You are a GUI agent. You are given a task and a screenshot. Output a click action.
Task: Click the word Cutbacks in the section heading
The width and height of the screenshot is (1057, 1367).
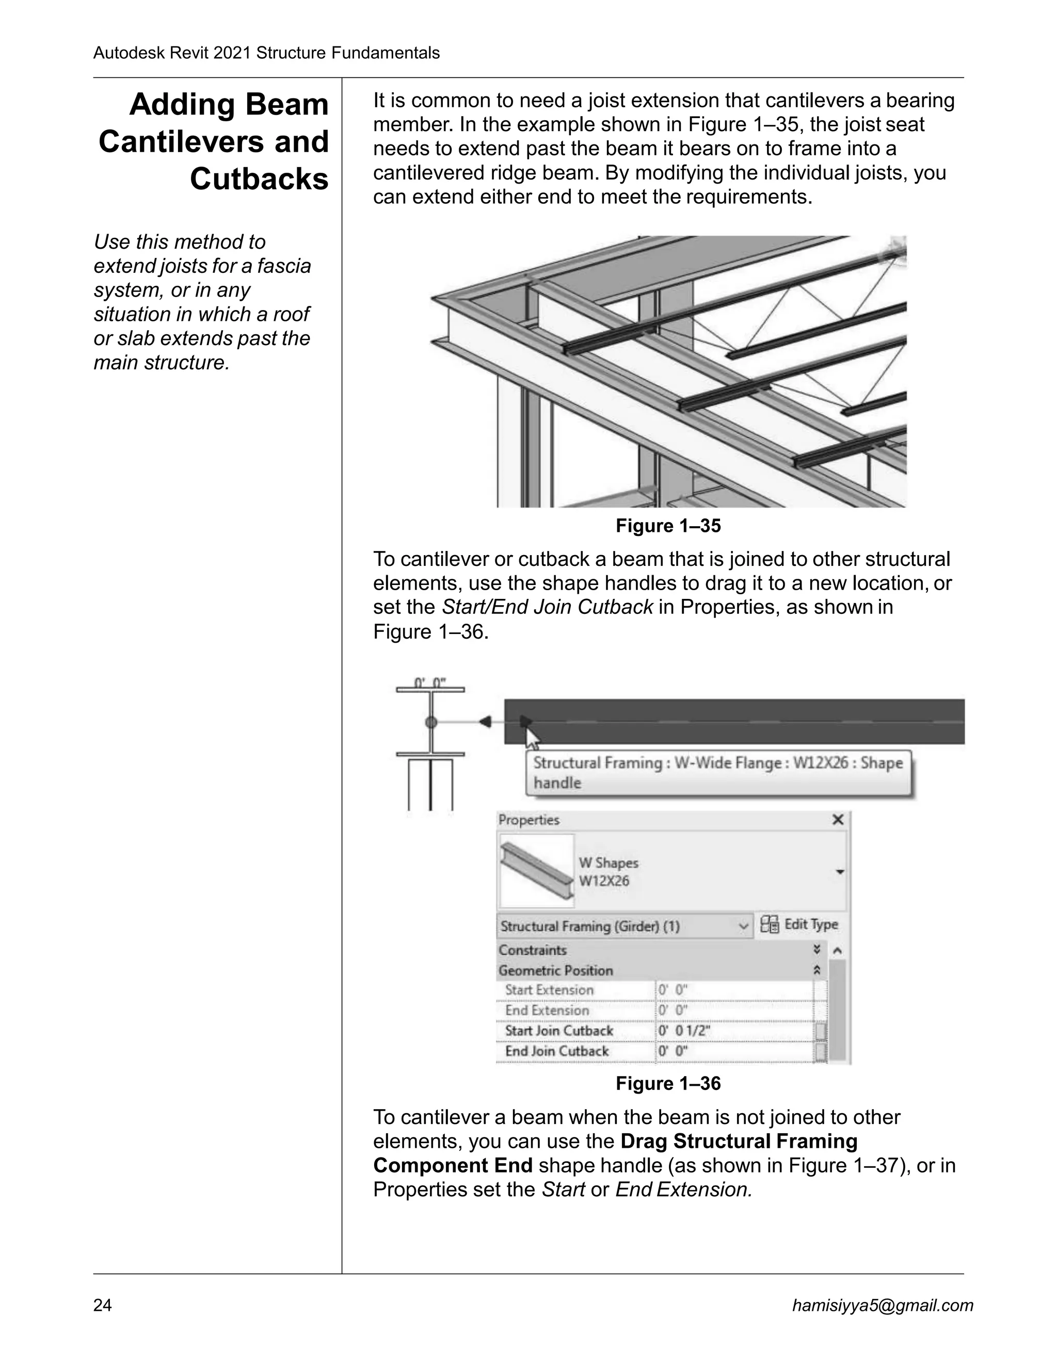(x=259, y=180)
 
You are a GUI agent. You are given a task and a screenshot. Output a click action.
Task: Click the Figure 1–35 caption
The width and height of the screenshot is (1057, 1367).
(x=668, y=526)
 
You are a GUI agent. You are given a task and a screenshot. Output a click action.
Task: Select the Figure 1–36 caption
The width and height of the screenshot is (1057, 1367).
(x=668, y=1083)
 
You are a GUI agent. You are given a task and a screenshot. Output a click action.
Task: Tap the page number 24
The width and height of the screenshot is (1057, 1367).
(x=103, y=1305)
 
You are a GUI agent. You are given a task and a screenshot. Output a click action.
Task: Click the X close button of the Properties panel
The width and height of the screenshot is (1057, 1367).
(x=838, y=820)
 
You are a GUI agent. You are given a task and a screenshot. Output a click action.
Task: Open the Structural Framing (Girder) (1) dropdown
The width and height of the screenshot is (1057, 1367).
(x=743, y=926)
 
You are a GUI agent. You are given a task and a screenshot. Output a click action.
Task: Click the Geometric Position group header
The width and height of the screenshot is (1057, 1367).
(x=555, y=971)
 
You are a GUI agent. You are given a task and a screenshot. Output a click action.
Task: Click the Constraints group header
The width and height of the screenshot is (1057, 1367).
(x=532, y=950)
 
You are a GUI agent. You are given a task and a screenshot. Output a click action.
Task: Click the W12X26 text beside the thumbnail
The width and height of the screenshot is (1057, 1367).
(x=604, y=881)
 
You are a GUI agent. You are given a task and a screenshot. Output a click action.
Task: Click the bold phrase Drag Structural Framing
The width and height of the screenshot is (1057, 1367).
(x=739, y=1141)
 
